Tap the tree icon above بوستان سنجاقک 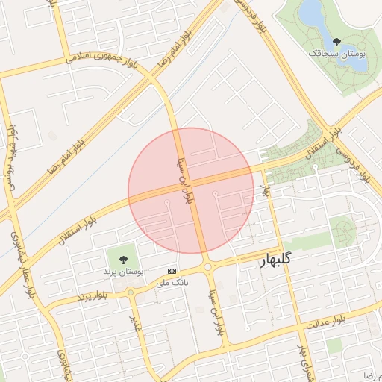(337, 42)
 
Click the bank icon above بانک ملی (172, 270)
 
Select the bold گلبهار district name (285, 261)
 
